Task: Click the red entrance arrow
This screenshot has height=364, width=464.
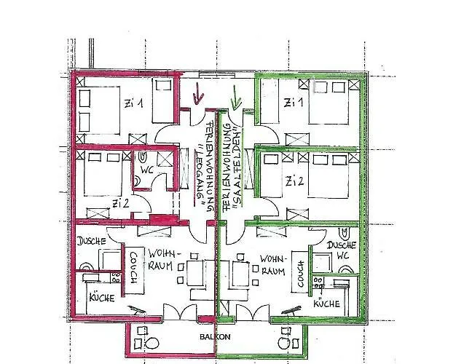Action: click(198, 94)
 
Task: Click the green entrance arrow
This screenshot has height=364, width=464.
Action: click(235, 98)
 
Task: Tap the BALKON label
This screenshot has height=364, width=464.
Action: click(215, 337)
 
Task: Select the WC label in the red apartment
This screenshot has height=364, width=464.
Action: click(147, 170)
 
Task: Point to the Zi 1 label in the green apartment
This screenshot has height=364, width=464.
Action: click(294, 103)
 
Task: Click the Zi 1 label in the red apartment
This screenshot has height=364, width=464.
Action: click(134, 103)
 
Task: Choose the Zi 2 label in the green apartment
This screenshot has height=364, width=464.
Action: click(295, 181)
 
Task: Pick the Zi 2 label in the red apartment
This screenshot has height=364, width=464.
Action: click(120, 203)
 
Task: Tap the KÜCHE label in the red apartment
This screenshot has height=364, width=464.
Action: click(102, 297)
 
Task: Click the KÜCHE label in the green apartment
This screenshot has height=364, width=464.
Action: click(326, 304)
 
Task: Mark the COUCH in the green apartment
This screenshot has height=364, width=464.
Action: click(301, 272)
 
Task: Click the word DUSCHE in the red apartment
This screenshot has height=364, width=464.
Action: click(92, 241)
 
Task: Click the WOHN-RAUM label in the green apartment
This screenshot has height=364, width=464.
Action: click(272, 265)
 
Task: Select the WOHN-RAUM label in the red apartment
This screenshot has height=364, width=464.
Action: click(161, 259)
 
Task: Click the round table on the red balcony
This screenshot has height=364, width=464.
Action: click(152, 344)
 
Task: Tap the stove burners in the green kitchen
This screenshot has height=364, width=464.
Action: click(318, 282)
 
